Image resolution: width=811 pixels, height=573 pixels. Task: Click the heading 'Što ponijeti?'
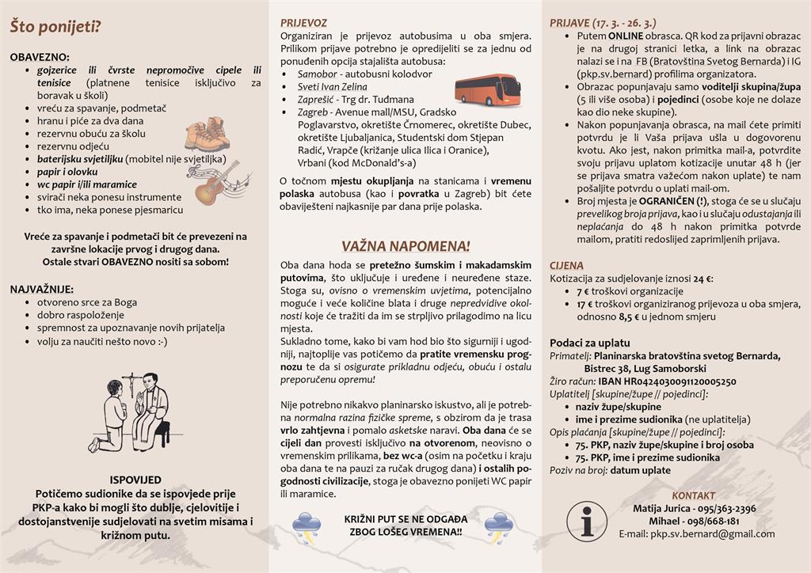pos(55,26)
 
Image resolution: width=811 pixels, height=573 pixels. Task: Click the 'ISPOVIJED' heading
pos(135,480)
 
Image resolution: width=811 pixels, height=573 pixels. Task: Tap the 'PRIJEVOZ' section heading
pos(303,23)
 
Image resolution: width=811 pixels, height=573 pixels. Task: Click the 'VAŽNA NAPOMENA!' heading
pos(406,245)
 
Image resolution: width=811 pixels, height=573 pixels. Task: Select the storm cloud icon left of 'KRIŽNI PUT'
pos(307,524)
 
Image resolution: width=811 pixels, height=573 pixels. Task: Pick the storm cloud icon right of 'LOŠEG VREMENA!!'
pos(501,524)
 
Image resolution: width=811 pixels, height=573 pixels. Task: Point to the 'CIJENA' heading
pos(567,266)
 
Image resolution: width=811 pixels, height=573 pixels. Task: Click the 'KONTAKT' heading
pos(693,495)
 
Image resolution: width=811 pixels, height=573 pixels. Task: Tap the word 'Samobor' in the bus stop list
pos(305,74)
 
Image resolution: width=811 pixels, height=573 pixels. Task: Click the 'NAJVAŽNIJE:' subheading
pos(42,289)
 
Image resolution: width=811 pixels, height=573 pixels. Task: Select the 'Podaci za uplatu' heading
pos(591,343)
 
